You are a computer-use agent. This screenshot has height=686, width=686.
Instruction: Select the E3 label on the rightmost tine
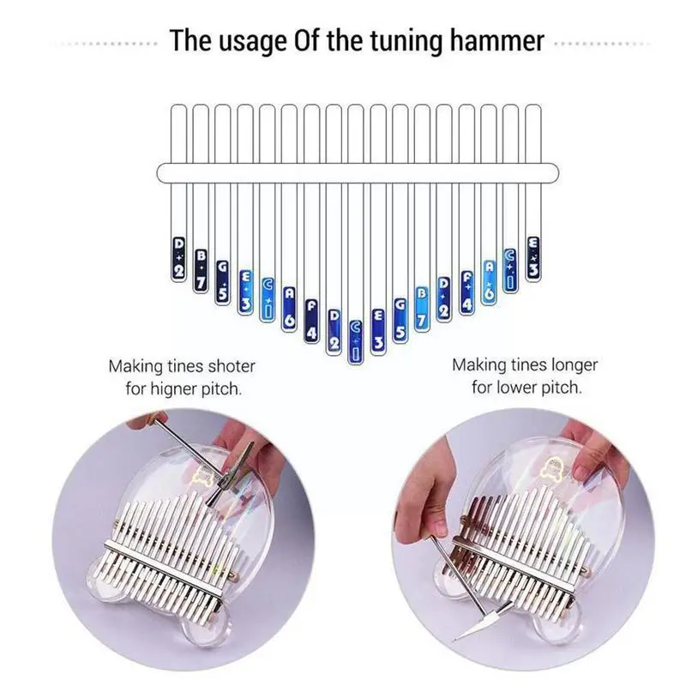coord(533,258)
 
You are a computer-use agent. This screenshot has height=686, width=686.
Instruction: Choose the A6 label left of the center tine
coord(290,305)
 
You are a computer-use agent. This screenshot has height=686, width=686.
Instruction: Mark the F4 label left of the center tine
coord(312,319)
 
